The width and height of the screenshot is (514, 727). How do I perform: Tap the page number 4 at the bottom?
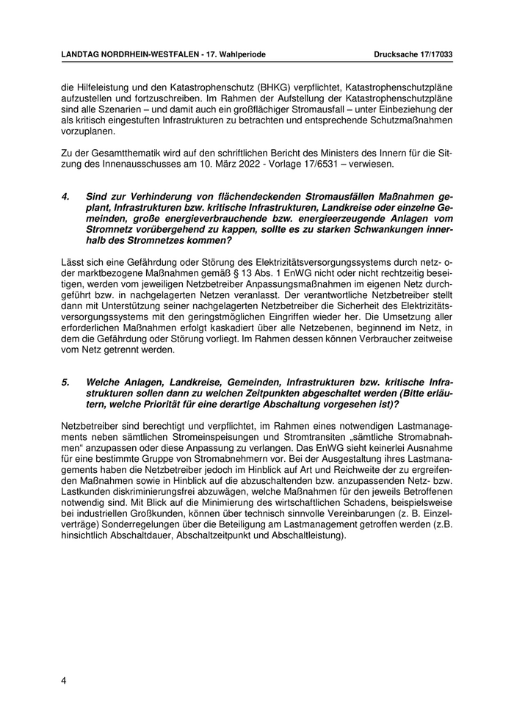click(64, 680)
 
